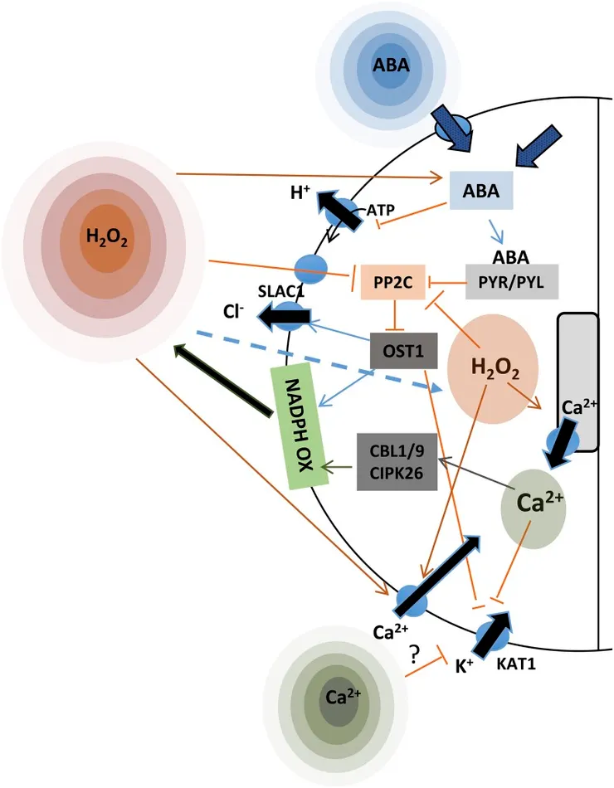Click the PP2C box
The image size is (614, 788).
click(387, 282)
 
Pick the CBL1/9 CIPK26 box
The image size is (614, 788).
click(392, 461)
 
